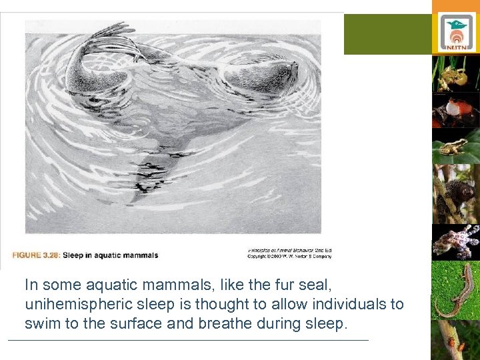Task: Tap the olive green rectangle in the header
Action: (x=387, y=34)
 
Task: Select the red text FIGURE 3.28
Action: (x=36, y=255)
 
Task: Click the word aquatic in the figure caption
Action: (x=107, y=255)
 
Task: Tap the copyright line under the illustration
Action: (x=289, y=255)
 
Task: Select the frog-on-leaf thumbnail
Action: (x=455, y=147)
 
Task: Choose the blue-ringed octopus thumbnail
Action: (x=455, y=241)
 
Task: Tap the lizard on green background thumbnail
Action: (x=455, y=290)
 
